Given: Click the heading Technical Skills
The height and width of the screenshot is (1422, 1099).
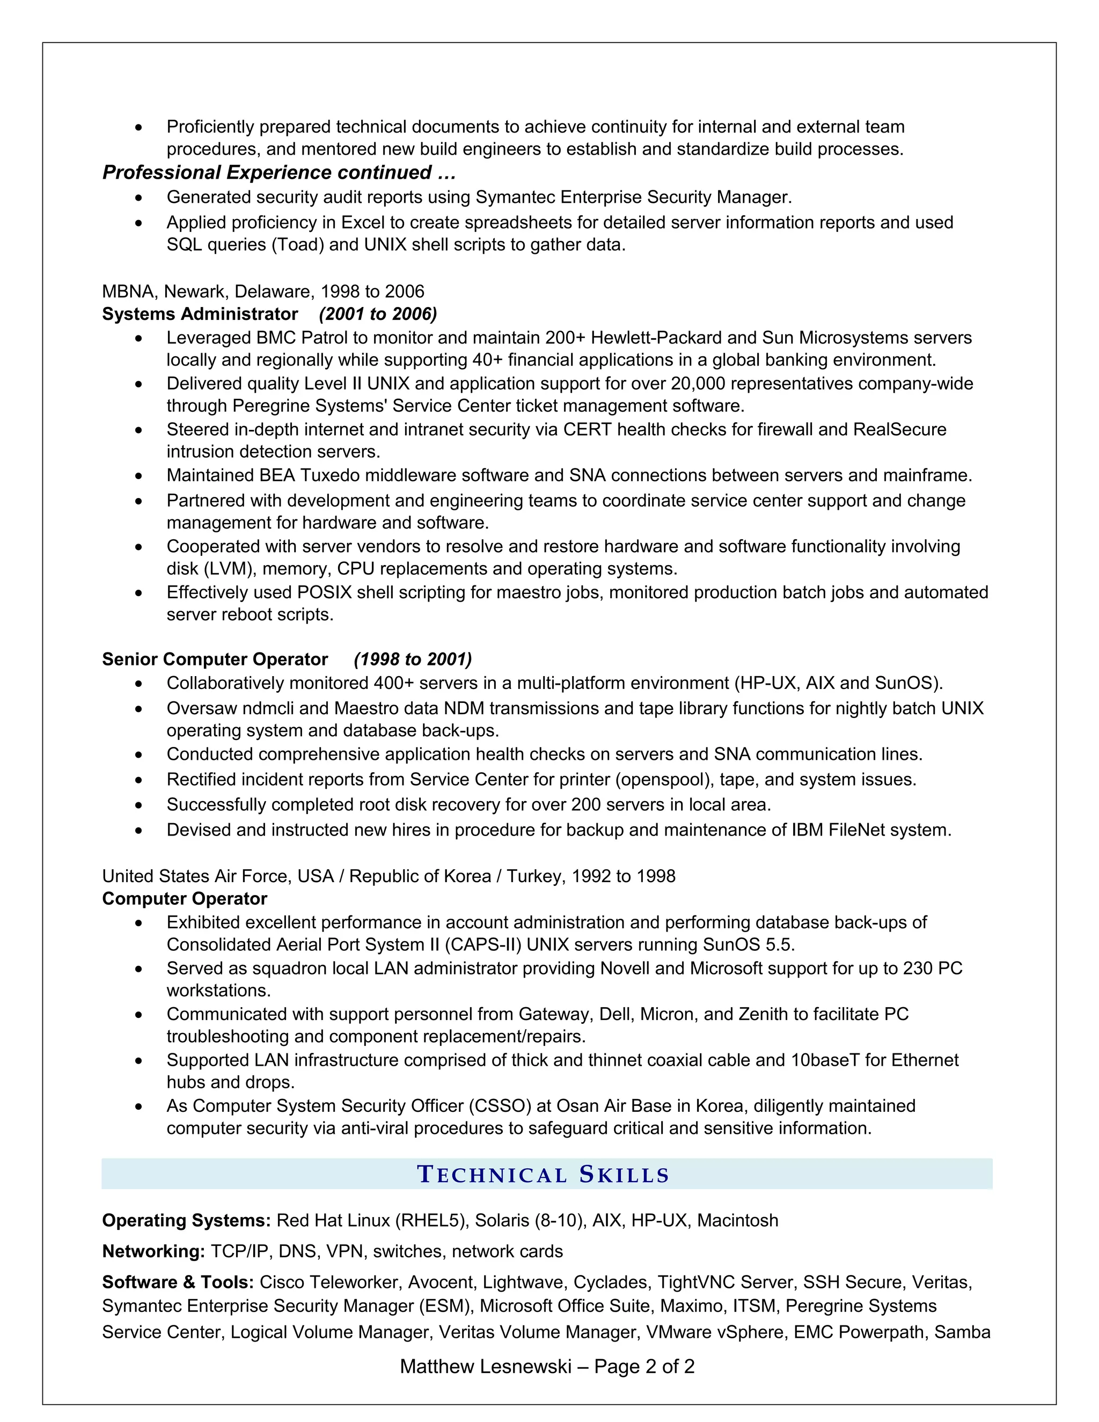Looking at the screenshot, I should coord(543,1175).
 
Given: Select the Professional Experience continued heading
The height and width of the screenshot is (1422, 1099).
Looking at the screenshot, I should coord(279,173).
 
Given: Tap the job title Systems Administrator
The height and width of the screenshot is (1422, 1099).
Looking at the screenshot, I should coord(200,314).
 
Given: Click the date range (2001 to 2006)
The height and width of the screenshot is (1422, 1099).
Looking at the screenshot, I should coord(378,314).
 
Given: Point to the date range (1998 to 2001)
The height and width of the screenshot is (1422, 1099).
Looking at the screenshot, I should coord(413,659).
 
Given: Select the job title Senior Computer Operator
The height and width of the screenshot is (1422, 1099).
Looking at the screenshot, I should coord(215,659).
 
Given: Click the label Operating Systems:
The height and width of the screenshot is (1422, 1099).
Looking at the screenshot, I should coord(186,1220).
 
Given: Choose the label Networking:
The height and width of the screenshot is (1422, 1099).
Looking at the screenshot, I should coord(153,1251).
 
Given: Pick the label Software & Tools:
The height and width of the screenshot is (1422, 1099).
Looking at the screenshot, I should coord(178,1282).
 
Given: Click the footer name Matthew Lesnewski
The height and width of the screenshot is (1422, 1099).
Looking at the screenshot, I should coord(485,1366).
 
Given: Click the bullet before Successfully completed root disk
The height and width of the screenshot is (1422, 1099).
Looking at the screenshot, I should coord(138,805).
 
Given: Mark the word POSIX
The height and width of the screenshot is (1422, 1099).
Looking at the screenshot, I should coord(324,592).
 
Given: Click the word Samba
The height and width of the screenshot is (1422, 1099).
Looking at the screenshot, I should coord(962,1332).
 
